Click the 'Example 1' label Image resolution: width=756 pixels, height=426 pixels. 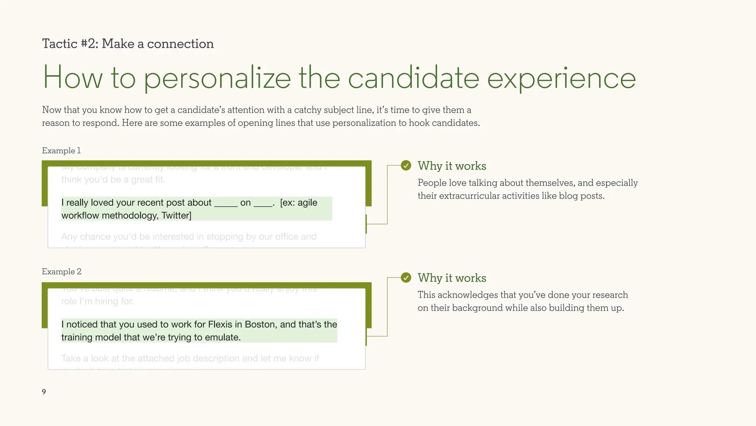[x=61, y=151]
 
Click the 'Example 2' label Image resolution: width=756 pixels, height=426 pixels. [x=62, y=272]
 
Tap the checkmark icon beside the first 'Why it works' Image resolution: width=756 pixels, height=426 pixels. [x=406, y=166]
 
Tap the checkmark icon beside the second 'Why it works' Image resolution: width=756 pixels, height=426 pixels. [x=406, y=277]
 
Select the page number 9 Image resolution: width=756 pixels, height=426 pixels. [x=44, y=392]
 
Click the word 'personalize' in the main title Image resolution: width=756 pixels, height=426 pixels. [x=217, y=78]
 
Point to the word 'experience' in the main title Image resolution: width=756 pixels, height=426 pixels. [x=561, y=78]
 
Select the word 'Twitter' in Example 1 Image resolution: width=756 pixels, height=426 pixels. [x=175, y=215]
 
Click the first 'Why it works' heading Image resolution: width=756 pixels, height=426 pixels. [x=452, y=166]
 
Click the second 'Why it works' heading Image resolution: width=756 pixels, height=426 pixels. [x=452, y=278]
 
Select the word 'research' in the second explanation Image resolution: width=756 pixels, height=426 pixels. [x=609, y=295]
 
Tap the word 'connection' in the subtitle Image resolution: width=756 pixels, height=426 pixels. [x=180, y=44]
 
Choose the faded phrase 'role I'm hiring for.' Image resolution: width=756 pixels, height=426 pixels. [x=97, y=301]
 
